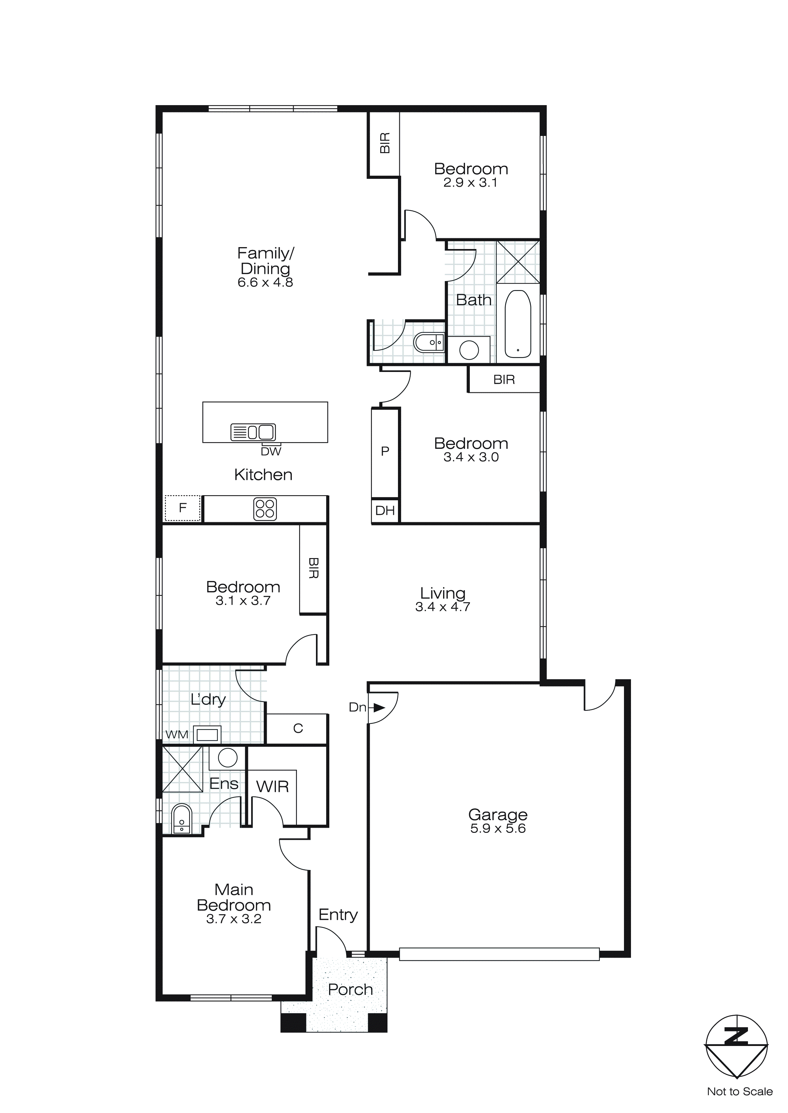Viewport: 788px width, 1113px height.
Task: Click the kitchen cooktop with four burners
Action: pyautogui.click(x=265, y=509)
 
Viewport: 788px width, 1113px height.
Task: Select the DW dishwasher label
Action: pyautogui.click(x=271, y=451)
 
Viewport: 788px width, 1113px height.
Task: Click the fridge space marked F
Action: pyautogui.click(x=182, y=508)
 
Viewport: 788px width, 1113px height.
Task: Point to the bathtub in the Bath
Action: pyautogui.click(x=518, y=324)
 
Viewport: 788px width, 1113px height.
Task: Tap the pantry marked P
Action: pyautogui.click(x=385, y=451)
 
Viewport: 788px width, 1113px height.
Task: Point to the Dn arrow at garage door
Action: pyautogui.click(x=379, y=708)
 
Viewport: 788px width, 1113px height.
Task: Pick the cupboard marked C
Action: pyautogui.click(x=298, y=728)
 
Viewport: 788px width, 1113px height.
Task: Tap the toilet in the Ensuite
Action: pyautogui.click(x=182, y=819)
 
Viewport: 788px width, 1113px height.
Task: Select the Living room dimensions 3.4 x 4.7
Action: pyautogui.click(x=442, y=607)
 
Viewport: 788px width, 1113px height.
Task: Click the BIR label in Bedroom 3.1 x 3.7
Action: pyautogui.click(x=313, y=568)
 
